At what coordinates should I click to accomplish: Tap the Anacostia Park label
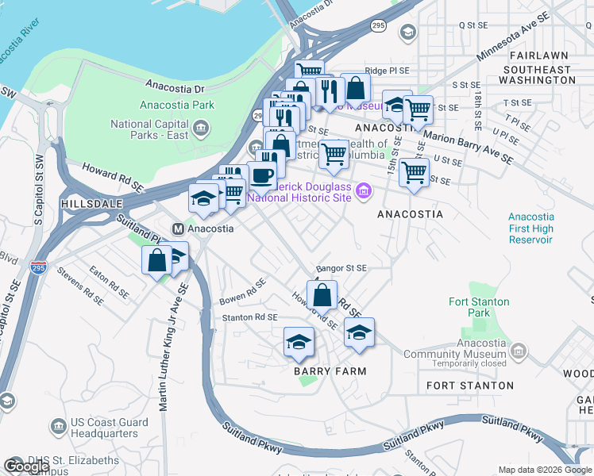point(177,105)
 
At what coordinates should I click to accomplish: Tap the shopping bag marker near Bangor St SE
point(322,296)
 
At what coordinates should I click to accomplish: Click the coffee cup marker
point(263,175)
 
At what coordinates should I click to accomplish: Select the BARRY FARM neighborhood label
point(330,371)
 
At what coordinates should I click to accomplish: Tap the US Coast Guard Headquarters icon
point(58,428)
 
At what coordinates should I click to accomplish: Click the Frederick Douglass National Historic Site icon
point(364,190)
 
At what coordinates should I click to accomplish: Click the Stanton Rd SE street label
point(249,317)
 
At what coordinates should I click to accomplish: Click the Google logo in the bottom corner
point(26,466)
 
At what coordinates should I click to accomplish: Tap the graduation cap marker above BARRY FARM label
point(299,342)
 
